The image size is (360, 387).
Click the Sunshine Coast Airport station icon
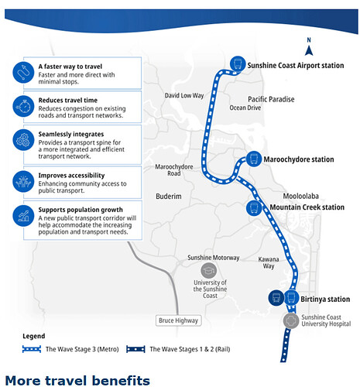pos(238,63)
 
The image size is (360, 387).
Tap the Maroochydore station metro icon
pos(254,159)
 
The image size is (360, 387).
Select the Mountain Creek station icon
pos(254,207)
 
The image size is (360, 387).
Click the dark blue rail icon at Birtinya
pos(276,298)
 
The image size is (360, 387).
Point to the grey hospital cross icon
pos(291,320)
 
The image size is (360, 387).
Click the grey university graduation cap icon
pos(208,271)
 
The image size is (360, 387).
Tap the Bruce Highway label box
pos(178,320)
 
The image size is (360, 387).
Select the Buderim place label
pos(169,197)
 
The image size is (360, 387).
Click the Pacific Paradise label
pos(271,99)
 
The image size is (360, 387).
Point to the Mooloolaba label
pos(301,196)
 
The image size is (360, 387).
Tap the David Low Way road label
pos(184,95)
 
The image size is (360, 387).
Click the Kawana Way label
pos(269,262)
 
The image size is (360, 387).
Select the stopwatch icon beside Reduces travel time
pos(23,106)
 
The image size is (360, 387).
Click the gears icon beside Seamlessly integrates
pos(23,140)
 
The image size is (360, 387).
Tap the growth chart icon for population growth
pos(23,216)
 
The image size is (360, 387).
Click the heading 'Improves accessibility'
pos(71,176)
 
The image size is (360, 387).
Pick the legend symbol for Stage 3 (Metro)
pos(32,349)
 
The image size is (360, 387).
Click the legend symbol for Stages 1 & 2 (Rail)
pos(135,349)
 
